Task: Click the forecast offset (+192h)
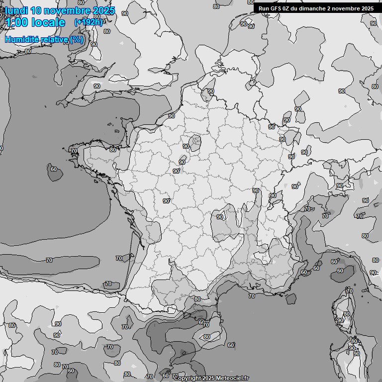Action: point(88,22)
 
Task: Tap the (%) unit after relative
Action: point(77,40)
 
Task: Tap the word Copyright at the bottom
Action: point(188,379)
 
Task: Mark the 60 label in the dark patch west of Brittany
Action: point(54,169)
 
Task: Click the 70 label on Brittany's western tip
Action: point(74,151)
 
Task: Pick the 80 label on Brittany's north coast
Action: point(113,150)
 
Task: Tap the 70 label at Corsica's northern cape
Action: point(349,291)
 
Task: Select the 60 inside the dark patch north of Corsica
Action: point(340,271)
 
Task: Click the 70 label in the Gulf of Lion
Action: point(252,296)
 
